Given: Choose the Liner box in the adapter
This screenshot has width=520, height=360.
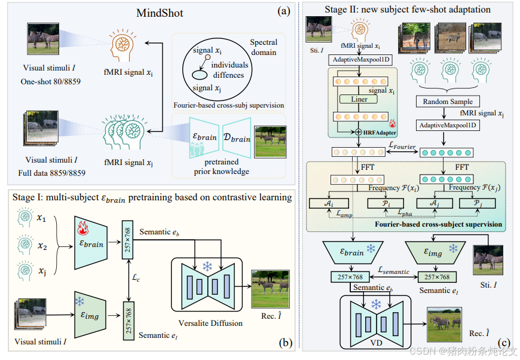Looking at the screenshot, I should pos(359,99).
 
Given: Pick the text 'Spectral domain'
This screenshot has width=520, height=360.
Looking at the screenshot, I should pos(264,47).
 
